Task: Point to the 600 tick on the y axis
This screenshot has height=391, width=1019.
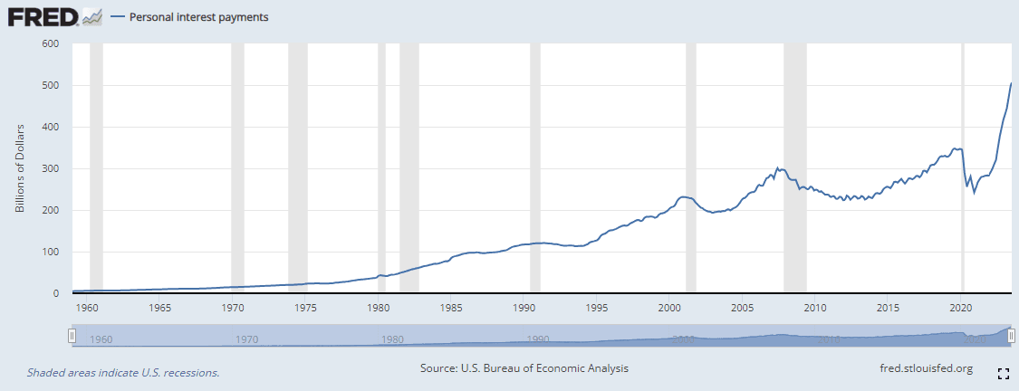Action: click(x=50, y=43)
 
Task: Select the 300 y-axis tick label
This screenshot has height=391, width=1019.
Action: click(x=50, y=168)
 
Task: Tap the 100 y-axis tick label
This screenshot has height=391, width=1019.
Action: click(x=50, y=252)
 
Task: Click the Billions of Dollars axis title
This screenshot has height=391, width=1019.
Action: click(x=19, y=168)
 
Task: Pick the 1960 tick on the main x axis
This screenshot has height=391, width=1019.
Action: click(x=87, y=308)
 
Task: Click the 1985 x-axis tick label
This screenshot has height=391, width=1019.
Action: click(x=452, y=308)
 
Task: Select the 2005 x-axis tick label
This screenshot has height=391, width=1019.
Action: click(x=743, y=308)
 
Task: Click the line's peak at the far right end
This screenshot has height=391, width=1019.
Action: click(x=1011, y=83)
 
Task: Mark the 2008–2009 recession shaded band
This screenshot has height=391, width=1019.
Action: click(x=794, y=168)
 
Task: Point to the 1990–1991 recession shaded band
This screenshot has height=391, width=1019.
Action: click(x=535, y=168)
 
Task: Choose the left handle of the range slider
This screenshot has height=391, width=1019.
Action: click(x=72, y=336)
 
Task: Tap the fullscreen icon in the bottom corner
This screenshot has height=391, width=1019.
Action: click(x=1003, y=373)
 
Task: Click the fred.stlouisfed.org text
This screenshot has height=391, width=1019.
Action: click(x=926, y=368)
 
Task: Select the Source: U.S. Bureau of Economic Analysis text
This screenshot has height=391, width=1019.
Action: click(x=524, y=368)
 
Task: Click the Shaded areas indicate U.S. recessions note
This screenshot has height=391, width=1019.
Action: click(x=123, y=372)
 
